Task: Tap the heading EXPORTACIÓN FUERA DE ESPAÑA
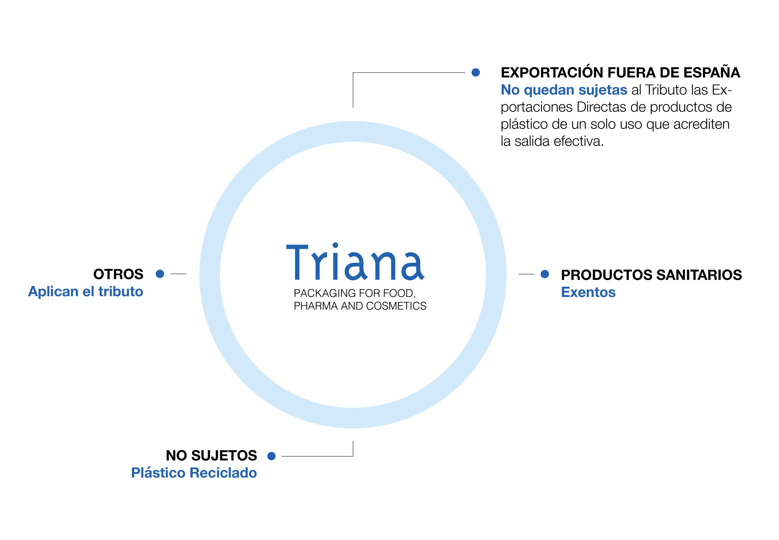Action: click(620, 72)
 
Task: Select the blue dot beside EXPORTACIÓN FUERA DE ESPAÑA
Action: click(476, 72)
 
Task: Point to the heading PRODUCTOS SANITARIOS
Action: click(651, 275)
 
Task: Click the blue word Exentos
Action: click(588, 292)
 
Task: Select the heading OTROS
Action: click(118, 274)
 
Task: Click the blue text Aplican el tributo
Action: click(86, 291)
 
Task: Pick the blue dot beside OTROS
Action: click(160, 274)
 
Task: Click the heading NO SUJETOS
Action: click(211, 456)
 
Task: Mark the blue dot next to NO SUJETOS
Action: click(271, 456)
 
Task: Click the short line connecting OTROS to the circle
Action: click(179, 274)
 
